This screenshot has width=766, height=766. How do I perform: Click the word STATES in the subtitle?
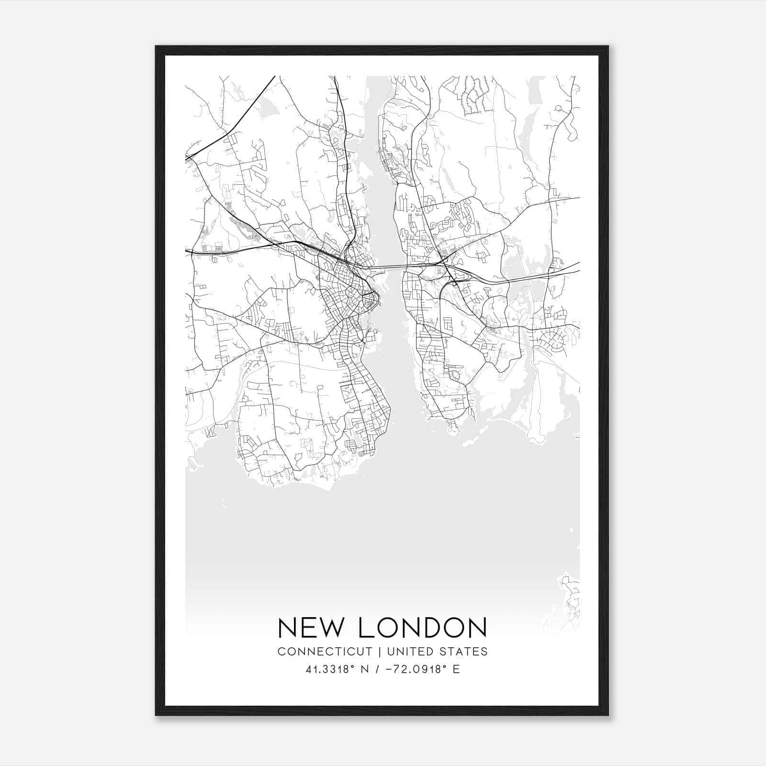[463, 652]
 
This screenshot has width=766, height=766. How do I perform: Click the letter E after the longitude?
[456, 669]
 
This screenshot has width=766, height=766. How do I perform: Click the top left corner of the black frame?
[156, 47]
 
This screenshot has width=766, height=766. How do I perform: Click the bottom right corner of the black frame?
[608, 715]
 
